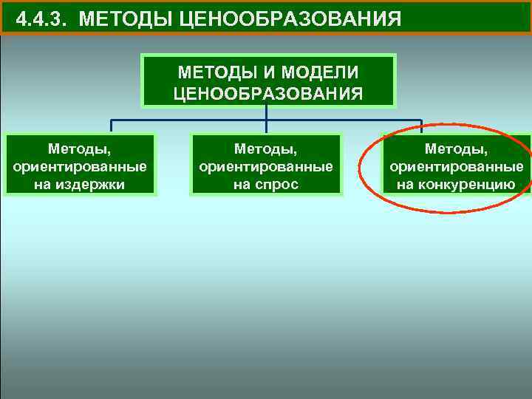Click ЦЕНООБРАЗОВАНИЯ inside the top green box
[x=268, y=93]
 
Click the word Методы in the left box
[x=80, y=150]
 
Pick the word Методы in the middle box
[x=266, y=150]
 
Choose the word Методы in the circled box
[x=457, y=150]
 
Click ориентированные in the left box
[x=80, y=167]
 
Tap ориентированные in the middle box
[x=266, y=167]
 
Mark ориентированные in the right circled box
[x=457, y=167]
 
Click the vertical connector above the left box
[x=112, y=126]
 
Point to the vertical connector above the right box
[x=421, y=126]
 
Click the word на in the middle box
[x=242, y=184]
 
